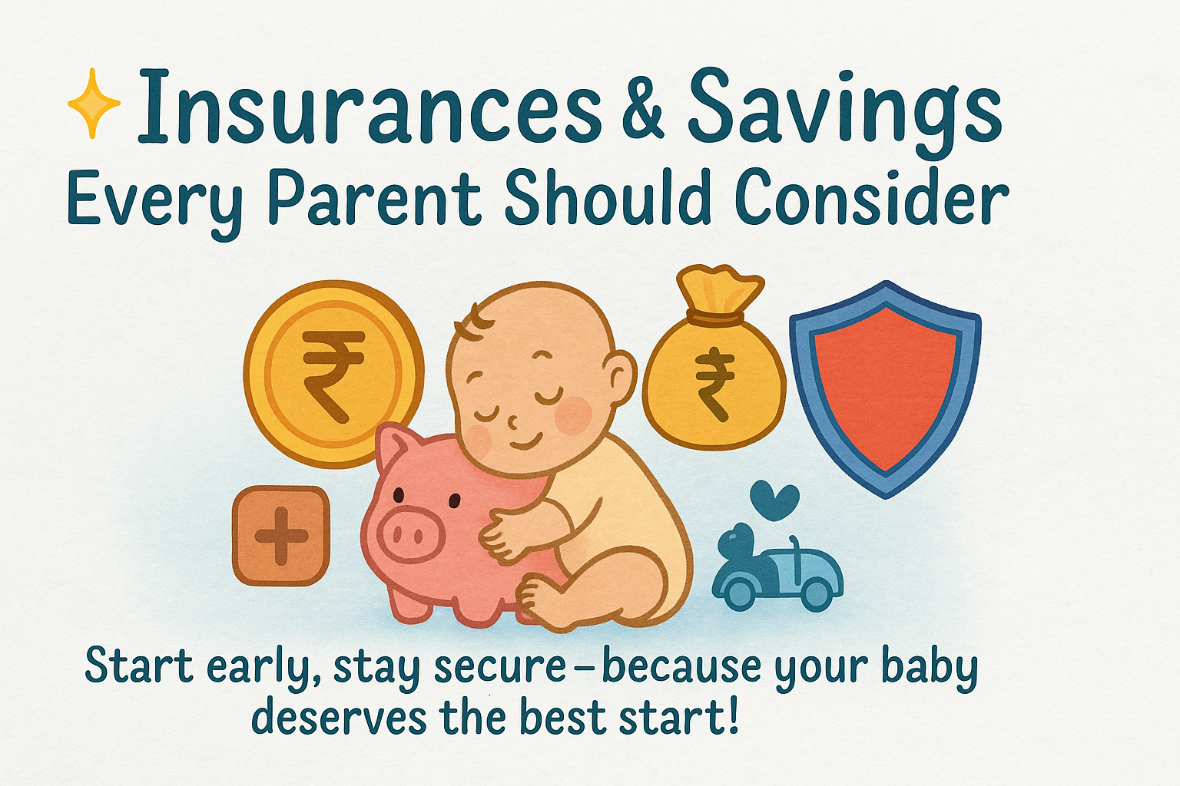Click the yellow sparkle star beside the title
coord(94,104)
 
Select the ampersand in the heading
coord(642,109)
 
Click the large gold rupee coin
coord(333,373)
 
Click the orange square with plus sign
coord(281,535)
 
